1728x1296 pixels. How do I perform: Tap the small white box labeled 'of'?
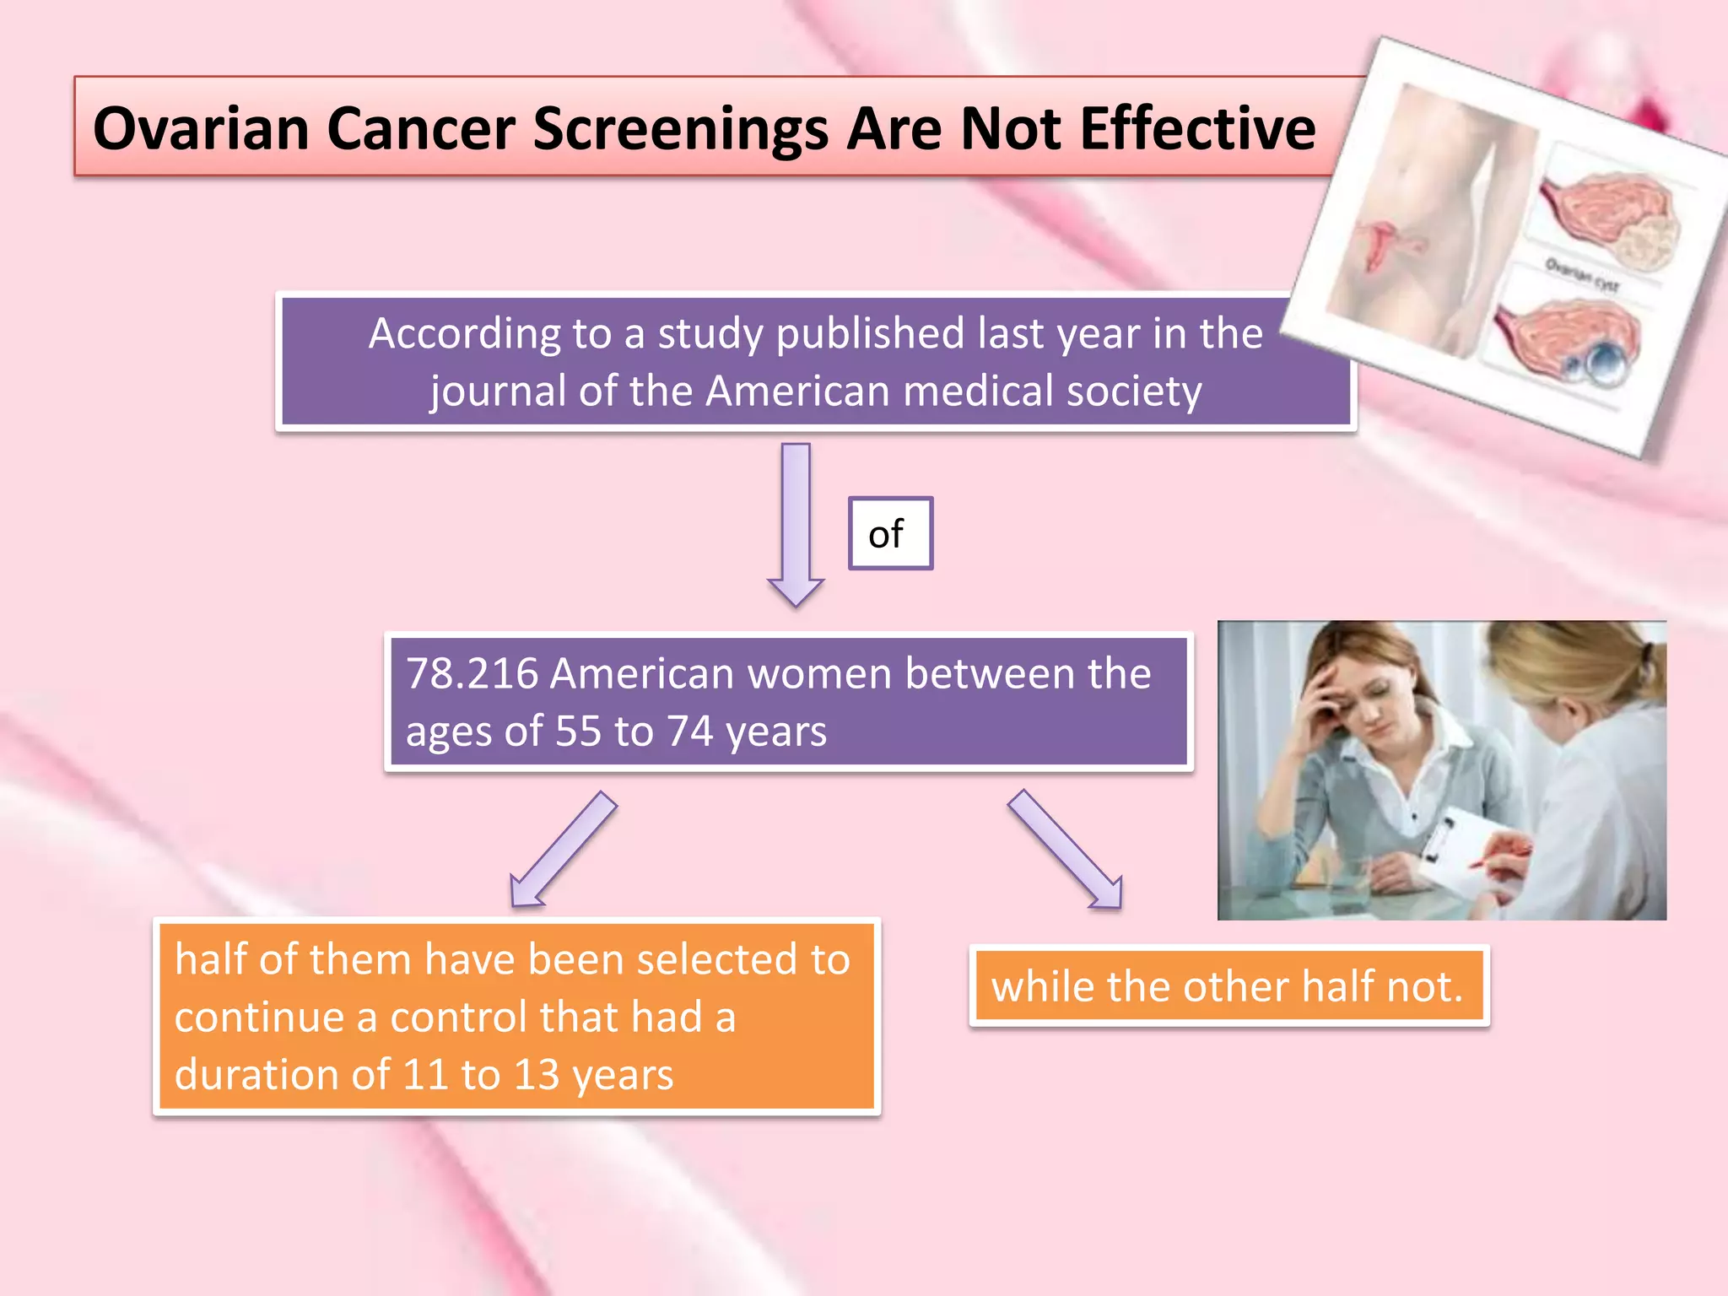[890, 533]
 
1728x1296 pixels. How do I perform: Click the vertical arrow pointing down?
[796, 523]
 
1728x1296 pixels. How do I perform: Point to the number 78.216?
[472, 674]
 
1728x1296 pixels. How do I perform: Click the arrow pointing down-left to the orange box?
[564, 849]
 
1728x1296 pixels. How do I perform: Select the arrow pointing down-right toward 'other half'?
[1065, 849]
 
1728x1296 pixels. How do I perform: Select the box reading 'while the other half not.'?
[1228, 986]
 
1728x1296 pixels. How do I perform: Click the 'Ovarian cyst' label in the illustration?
[1581, 275]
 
